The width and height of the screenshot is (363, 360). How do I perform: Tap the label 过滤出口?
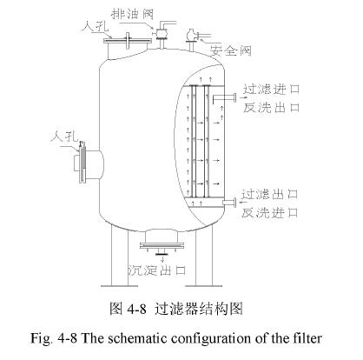pos(271,193)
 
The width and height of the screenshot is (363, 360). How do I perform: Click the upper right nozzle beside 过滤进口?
pos(231,97)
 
